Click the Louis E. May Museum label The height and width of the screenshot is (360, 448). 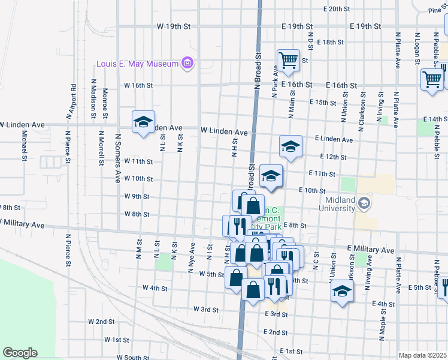tap(138, 64)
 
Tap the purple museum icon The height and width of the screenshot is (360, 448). tap(187, 63)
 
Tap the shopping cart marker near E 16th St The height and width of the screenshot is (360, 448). tap(288, 61)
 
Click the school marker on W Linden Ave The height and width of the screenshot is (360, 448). tap(143, 122)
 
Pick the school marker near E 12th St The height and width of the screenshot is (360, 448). tap(290, 146)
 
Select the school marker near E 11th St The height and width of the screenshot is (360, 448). tap(271, 176)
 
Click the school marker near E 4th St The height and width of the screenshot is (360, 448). tap(341, 292)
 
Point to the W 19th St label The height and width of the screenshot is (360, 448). tap(173, 27)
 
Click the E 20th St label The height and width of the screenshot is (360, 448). tap(336, 9)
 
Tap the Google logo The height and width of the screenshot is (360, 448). tap(20, 353)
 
